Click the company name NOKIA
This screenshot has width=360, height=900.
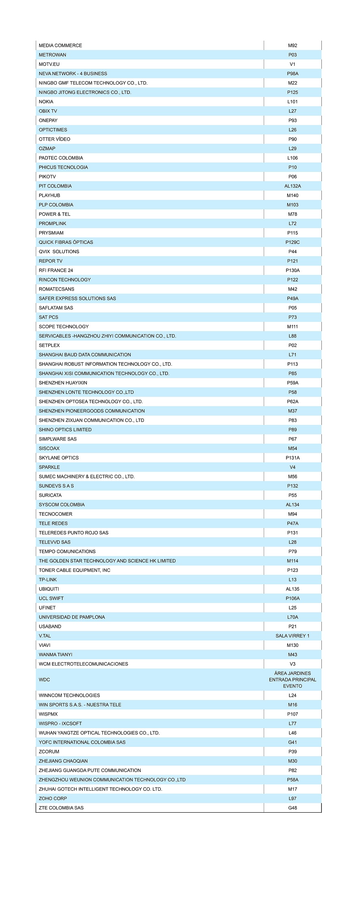click(x=46, y=102)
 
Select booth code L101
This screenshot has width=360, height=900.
click(x=293, y=102)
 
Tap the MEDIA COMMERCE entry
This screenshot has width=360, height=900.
click(x=60, y=46)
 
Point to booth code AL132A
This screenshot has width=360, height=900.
click(x=293, y=186)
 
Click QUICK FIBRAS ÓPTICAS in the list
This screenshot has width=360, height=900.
click(x=66, y=242)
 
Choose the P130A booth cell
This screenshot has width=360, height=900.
click(x=293, y=270)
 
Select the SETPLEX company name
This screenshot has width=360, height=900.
click(x=49, y=345)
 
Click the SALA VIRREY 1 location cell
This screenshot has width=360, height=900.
click(x=293, y=636)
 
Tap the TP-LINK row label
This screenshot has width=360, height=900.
click(x=48, y=580)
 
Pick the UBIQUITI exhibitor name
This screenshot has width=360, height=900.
click(x=49, y=589)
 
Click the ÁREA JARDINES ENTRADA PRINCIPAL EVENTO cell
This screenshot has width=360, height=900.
click(x=293, y=680)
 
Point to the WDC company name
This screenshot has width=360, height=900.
click(x=44, y=680)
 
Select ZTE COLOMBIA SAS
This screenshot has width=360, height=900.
click(x=61, y=808)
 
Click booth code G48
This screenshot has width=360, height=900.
click(x=293, y=808)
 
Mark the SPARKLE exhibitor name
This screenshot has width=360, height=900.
click(x=49, y=467)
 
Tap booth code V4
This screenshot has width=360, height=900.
click(x=293, y=467)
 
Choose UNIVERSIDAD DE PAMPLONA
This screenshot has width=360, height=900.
click(x=72, y=617)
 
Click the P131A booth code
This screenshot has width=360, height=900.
click(x=293, y=458)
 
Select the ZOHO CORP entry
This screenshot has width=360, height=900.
click(x=53, y=798)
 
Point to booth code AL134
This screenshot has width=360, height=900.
click(x=293, y=505)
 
